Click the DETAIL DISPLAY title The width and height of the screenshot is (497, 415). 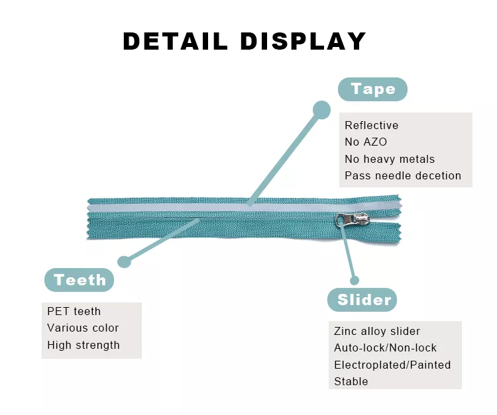pyautogui.click(x=245, y=41)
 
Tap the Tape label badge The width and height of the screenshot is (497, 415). pyautogui.click(x=372, y=89)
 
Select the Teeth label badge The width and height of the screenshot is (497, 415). pyautogui.click(x=80, y=280)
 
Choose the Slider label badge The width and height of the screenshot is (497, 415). pyautogui.click(x=364, y=300)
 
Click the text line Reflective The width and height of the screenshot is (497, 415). pyautogui.click(x=371, y=125)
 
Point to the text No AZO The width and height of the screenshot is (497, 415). pyautogui.click(x=365, y=142)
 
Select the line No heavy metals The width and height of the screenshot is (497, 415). pyautogui.click(x=389, y=159)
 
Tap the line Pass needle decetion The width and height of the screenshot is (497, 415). pyautogui.click(x=402, y=175)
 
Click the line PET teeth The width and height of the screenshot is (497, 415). pyautogui.click(x=74, y=311)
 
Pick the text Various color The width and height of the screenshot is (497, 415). pyautogui.click(x=83, y=328)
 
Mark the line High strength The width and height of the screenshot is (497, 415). pyautogui.click(x=83, y=345)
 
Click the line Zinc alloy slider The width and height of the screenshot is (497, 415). pyautogui.click(x=376, y=331)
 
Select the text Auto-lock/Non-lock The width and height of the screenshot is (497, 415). pyautogui.click(x=385, y=347)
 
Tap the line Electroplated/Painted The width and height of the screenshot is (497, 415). pyautogui.click(x=392, y=365)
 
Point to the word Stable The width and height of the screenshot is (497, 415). pyautogui.click(x=351, y=381)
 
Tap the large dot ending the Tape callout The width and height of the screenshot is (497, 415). pyautogui.click(x=321, y=110)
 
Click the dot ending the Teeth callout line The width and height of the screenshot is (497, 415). pyautogui.click(x=124, y=261)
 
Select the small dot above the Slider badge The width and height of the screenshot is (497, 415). pyautogui.click(x=355, y=281)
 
